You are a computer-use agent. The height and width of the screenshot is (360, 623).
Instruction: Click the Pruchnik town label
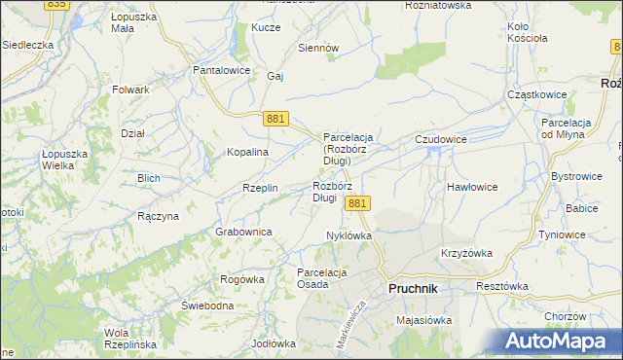(x=413, y=289)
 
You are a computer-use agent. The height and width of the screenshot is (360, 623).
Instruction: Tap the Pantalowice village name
(x=222, y=71)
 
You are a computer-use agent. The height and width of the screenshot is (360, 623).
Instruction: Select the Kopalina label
(x=247, y=153)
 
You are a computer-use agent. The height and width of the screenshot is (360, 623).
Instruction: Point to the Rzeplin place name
(x=260, y=188)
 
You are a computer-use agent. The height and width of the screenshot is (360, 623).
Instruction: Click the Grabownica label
(x=243, y=232)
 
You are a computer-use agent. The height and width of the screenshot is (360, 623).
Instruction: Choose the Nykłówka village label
(x=349, y=235)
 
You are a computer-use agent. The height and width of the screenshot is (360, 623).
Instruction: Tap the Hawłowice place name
(x=472, y=186)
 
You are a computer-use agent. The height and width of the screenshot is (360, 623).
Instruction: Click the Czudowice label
(x=441, y=140)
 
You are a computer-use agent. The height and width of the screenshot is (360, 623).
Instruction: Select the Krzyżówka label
(x=466, y=253)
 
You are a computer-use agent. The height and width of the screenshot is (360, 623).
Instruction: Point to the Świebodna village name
(x=207, y=306)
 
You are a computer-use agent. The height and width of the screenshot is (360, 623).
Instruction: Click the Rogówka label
(x=242, y=279)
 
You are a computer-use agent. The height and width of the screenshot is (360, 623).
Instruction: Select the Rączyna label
(x=158, y=216)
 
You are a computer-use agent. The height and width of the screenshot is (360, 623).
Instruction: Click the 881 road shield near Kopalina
(x=275, y=118)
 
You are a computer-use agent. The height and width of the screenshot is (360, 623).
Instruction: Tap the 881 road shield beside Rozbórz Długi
(x=357, y=203)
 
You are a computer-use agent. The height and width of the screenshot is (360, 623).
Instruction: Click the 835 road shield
(x=56, y=4)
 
